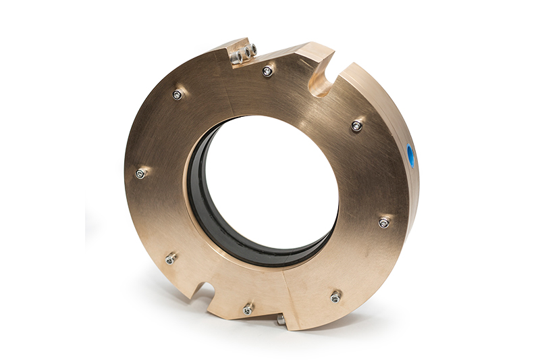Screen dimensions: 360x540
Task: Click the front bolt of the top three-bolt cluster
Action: point(237,58)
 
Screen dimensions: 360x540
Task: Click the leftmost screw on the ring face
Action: point(140,174)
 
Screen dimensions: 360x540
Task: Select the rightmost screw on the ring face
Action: point(383,222)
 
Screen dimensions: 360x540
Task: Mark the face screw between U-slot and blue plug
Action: point(357,126)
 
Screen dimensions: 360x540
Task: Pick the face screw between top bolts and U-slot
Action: point(268,71)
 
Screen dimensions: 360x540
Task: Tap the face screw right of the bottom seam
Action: point(335,296)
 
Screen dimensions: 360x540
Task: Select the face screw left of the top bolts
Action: point(178,95)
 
